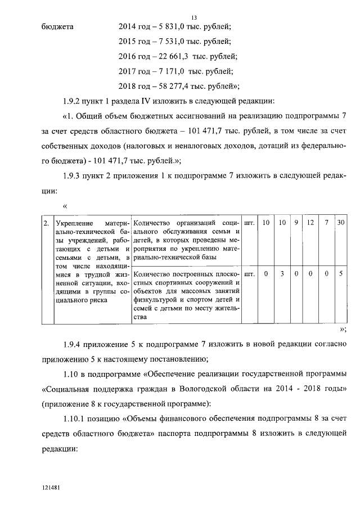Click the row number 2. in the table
[x=46, y=223]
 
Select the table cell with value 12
[x=310, y=223]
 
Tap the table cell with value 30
[x=341, y=223]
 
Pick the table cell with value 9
[x=296, y=223]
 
